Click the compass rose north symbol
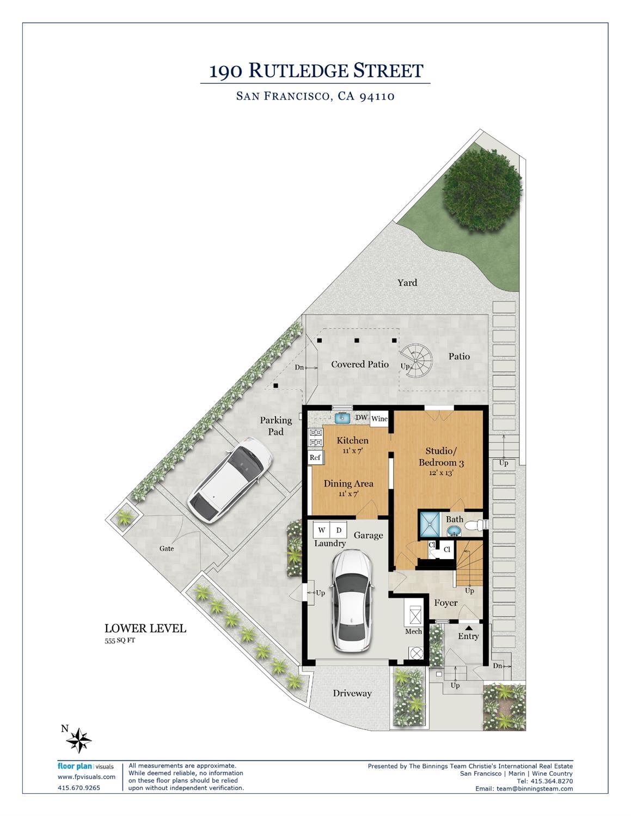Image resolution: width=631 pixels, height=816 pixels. tap(78, 740)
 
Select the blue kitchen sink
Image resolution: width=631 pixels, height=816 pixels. tap(342, 418)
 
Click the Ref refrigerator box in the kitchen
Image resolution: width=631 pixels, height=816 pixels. tap(316, 457)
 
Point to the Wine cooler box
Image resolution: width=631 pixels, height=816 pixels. tap(379, 419)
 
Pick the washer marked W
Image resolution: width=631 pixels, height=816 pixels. tap(322, 530)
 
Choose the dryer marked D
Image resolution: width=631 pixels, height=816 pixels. tap(339, 530)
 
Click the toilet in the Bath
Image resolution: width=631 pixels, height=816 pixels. tap(476, 525)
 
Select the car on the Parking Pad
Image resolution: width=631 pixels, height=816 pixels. tap(230, 480)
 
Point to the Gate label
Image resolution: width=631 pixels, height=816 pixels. tap(167, 549)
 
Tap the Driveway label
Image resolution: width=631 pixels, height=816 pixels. tap(352, 693)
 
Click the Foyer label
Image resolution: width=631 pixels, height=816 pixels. tap(446, 603)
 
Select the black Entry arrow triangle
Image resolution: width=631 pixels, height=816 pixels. tap(468, 628)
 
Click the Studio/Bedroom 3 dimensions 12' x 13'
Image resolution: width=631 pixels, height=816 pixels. tap(442, 473)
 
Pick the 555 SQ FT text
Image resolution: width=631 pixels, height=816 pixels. tap(120, 641)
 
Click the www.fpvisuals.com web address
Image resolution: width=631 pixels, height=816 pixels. tap(87, 777)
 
